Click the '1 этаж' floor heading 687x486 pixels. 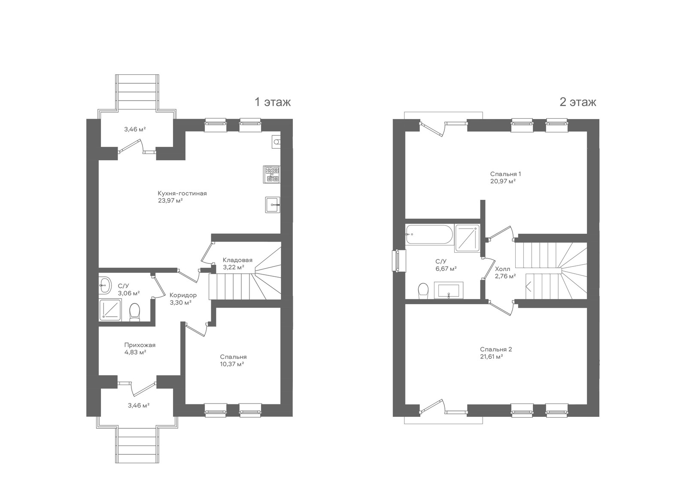point(273,102)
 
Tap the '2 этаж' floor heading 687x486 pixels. point(578,102)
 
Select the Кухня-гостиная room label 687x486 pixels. point(182,193)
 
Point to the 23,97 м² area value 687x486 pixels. point(170,201)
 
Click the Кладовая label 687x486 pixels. point(238,260)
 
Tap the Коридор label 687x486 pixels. point(183,295)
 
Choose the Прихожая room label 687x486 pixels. point(140,345)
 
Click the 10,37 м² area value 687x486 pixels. point(232,364)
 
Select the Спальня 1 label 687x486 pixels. point(505,174)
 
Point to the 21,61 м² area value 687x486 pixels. point(491,357)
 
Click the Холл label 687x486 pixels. point(503,269)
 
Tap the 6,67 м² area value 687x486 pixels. point(446,269)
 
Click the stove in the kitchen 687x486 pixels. point(272,174)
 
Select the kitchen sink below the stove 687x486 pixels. point(273,205)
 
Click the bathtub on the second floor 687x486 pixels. point(429,234)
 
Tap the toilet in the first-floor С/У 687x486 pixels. point(134,312)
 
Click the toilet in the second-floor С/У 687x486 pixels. point(423,291)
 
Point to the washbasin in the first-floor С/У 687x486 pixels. point(105,285)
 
